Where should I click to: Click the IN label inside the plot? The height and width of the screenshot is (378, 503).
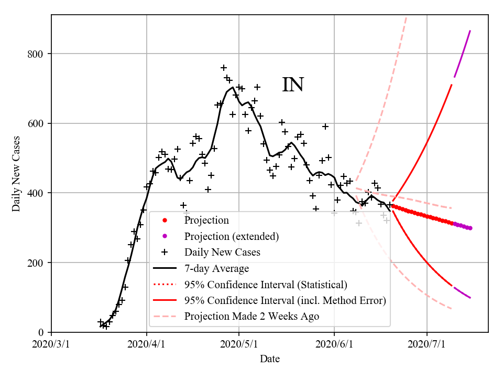(293, 85)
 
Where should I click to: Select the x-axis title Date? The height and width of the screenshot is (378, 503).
(270, 359)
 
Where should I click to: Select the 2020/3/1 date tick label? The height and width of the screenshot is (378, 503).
(51, 344)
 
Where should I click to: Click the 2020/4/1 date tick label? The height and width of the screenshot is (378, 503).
(147, 344)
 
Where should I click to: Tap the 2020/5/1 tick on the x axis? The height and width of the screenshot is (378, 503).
(239, 344)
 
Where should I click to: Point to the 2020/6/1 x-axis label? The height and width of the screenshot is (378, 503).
(334, 344)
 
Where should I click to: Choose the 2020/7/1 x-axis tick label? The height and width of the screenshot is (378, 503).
(427, 344)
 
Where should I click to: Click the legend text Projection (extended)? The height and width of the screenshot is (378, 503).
(231, 236)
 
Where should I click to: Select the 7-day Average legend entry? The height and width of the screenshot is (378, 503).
(216, 269)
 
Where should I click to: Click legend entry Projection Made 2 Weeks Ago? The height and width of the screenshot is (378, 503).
(251, 317)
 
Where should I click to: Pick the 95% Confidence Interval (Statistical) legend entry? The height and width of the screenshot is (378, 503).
(265, 285)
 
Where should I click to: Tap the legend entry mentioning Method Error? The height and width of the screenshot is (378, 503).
(285, 301)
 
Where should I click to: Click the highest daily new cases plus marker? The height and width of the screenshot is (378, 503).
(224, 68)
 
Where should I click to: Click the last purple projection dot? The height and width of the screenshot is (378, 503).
(470, 228)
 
